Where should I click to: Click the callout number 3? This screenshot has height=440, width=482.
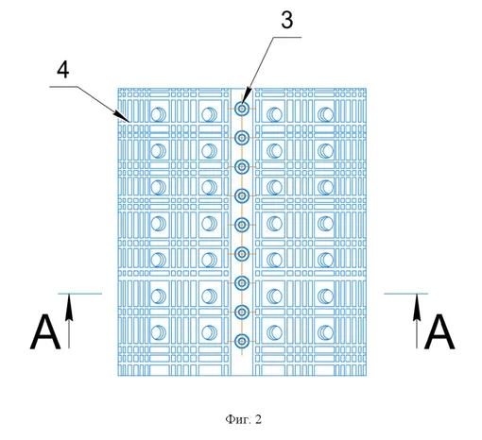tap(287, 20)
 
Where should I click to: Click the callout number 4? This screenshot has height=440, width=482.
tap(63, 70)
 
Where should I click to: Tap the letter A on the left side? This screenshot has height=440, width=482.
tap(45, 331)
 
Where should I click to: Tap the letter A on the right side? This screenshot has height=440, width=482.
tap(439, 331)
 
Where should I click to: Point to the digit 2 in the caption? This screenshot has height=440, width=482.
tap(258, 419)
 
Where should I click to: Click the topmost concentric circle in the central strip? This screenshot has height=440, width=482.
tap(242, 109)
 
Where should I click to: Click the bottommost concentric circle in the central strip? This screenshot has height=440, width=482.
tap(242, 341)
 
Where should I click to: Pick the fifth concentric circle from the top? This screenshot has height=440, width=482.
tap(242, 225)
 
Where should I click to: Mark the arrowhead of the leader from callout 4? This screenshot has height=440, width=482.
tap(127, 119)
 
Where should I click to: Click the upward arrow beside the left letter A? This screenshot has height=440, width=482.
tap(69, 321)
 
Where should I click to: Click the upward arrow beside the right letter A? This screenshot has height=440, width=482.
tap(417, 321)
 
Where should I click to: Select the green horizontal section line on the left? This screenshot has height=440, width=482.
tap(80, 294)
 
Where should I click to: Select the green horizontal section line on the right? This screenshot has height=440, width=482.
tap(406, 294)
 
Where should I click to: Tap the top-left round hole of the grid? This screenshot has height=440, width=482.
tap(159, 114)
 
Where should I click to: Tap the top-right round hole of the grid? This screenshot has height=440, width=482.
tap(325, 114)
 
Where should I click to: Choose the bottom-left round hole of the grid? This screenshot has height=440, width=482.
tap(159, 332)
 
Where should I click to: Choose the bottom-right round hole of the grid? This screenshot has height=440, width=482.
tap(325, 332)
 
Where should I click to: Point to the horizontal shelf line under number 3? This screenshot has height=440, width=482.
tap(287, 37)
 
